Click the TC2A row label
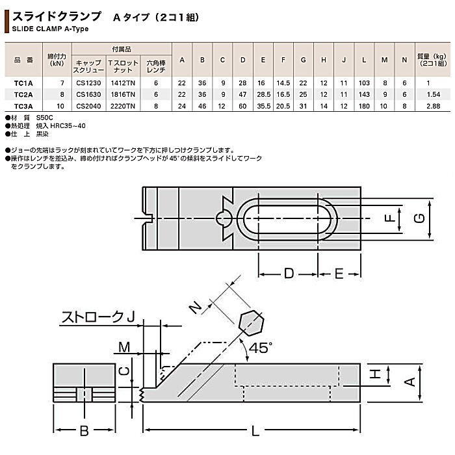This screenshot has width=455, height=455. tap(23, 95)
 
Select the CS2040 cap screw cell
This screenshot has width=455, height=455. tap(88, 106)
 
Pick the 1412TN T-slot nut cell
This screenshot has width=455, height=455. tap(123, 83)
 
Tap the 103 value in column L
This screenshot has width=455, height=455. tap(364, 83)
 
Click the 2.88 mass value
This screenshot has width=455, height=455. tap(434, 106)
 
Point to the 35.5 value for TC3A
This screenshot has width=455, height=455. tap(263, 106)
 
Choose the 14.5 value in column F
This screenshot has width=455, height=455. tap(283, 83)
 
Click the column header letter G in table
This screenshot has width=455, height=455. tap(304, 60)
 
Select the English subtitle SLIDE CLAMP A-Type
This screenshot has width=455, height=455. tap(50, 29)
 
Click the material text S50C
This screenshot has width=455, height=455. tap(45, 118)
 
